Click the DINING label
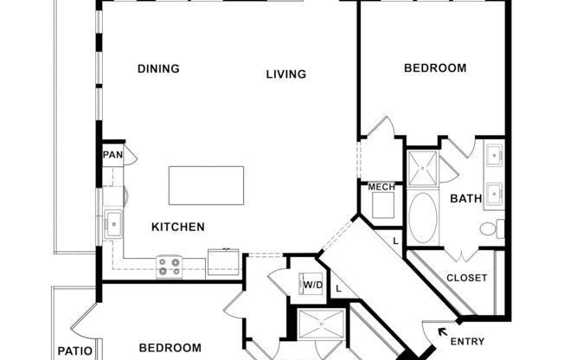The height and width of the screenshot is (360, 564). (x=158, y=69)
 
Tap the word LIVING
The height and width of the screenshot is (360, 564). (x=285, y=74)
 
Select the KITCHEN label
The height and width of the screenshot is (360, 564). (x=178, y=228)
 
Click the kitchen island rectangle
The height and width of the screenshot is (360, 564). (x=206, y=185)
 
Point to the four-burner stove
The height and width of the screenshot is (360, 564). (x=169, y=267)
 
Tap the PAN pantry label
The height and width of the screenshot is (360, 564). (x=112, y=156)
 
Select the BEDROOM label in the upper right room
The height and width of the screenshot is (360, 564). (x=435, y=67)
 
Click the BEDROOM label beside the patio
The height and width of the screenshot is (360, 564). (x=172, y=348)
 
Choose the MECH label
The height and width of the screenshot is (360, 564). (x=381, y=187)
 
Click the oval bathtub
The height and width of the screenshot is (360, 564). (x=422, y=217)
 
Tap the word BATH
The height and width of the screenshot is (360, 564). (x=465, y=199)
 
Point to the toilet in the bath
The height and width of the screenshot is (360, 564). (x=490, y=229)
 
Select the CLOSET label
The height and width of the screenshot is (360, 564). (x=466, y=279)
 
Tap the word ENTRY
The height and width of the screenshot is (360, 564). (x=468, y=342)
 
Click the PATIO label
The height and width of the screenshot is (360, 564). (x=69, y=351)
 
